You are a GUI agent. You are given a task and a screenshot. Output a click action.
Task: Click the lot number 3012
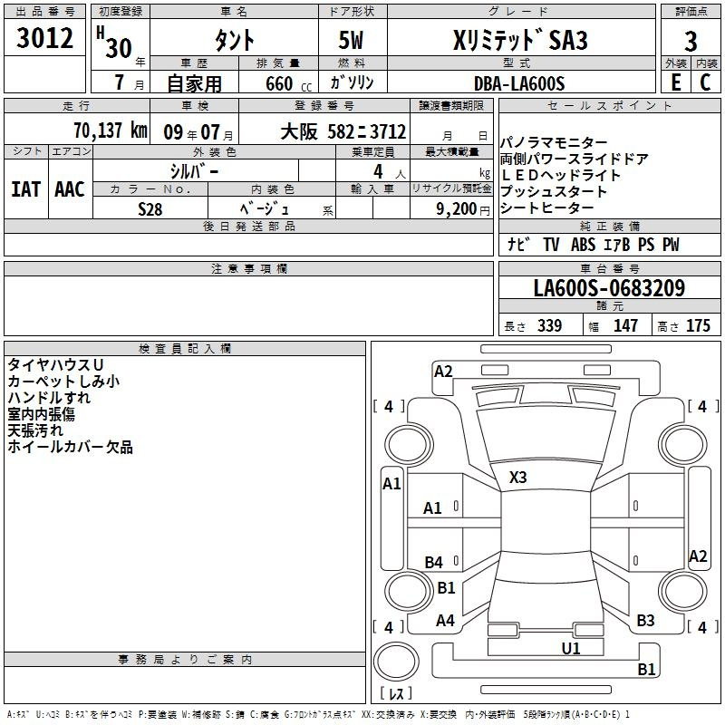44,38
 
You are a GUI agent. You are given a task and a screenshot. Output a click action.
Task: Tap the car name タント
235,40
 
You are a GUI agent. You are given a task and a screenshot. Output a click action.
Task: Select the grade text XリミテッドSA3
520,40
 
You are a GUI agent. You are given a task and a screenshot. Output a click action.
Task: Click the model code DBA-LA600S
519,83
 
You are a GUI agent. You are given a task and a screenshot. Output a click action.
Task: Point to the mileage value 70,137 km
111,130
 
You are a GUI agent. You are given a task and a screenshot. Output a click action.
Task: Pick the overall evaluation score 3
691,42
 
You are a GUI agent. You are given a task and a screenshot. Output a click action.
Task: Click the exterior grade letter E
676,82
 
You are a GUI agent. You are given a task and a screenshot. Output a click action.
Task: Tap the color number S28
150,209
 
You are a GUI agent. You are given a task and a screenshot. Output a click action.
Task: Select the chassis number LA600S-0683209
609,288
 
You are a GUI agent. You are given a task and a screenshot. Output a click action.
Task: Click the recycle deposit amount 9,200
457,209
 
